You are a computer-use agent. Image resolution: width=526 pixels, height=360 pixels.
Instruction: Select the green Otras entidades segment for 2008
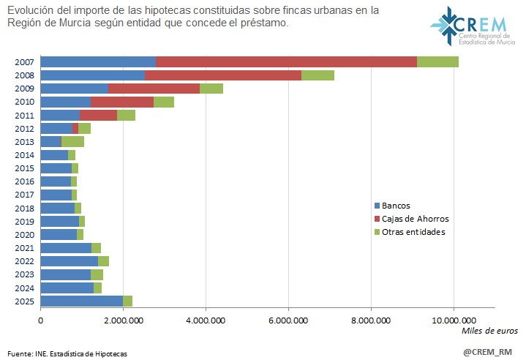[318, 75]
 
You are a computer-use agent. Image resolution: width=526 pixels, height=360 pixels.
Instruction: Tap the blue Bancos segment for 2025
[81, 301]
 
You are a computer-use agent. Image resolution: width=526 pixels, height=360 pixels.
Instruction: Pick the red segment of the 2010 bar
[122, 102]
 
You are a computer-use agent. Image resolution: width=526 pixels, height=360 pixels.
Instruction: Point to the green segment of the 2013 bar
[72, 141]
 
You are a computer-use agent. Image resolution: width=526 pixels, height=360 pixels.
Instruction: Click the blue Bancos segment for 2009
[74, 89]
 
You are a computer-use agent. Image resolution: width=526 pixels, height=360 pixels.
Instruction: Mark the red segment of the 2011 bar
[98, 115]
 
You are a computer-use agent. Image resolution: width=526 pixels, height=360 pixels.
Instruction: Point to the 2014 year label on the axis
[23, 154]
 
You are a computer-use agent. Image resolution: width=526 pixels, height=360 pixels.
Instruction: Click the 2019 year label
[23, 221]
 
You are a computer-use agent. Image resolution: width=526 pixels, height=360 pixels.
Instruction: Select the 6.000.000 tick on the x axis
[288, 320]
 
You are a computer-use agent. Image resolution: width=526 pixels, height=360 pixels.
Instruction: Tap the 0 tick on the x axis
[40, 320]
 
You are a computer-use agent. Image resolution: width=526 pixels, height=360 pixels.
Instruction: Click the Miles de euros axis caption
[489, 331]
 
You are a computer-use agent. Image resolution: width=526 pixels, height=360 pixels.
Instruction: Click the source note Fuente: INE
[65, 353]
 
